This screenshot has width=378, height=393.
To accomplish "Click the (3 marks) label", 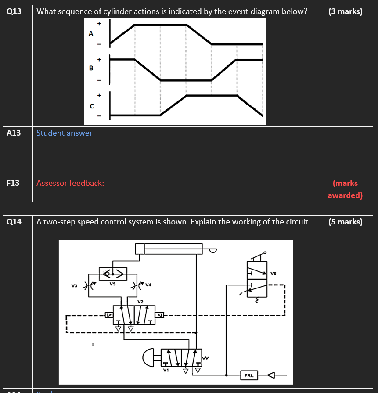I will tap(345, 11).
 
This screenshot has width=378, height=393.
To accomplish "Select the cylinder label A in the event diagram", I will tap(91, 33).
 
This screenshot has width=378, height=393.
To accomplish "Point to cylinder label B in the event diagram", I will tap(91, 68).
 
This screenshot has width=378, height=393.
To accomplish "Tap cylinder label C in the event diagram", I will tap(92, 106).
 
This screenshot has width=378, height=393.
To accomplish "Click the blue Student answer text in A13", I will tap(64, 133).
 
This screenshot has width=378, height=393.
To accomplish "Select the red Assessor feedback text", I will tap(70, 183).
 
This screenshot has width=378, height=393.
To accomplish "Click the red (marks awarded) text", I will tap(345, 189).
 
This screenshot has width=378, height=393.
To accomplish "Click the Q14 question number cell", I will tap(14, 222).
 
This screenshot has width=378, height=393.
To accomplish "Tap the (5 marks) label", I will tap(345, 222).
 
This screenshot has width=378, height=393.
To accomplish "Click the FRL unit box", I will tap(248, 375).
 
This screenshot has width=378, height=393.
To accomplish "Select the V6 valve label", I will tap(274, 273).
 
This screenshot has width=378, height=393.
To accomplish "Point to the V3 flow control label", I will tap(74, 285).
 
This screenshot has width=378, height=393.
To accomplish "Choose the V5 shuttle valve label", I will tap(113, 284).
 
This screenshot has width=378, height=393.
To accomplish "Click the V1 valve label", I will tap(166, 370).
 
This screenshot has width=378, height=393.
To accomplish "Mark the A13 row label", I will tap(14, 133).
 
